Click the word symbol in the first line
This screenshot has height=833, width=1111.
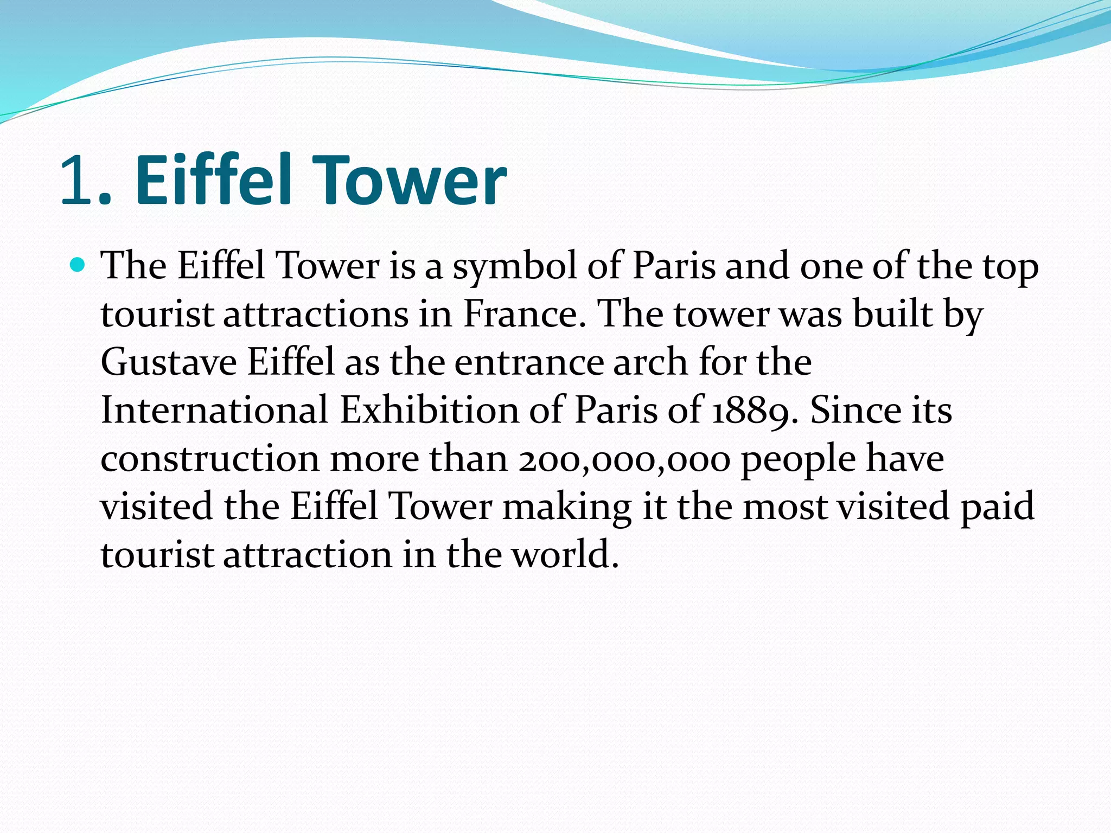[515, 267]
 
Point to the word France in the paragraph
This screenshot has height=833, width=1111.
[524, 315]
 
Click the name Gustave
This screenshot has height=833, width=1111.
[169, 362]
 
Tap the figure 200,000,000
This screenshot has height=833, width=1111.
[624, 459]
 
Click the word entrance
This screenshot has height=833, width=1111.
[529, 362]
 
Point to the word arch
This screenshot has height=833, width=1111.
[651, 362]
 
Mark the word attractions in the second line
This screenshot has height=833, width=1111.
[316, 315]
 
